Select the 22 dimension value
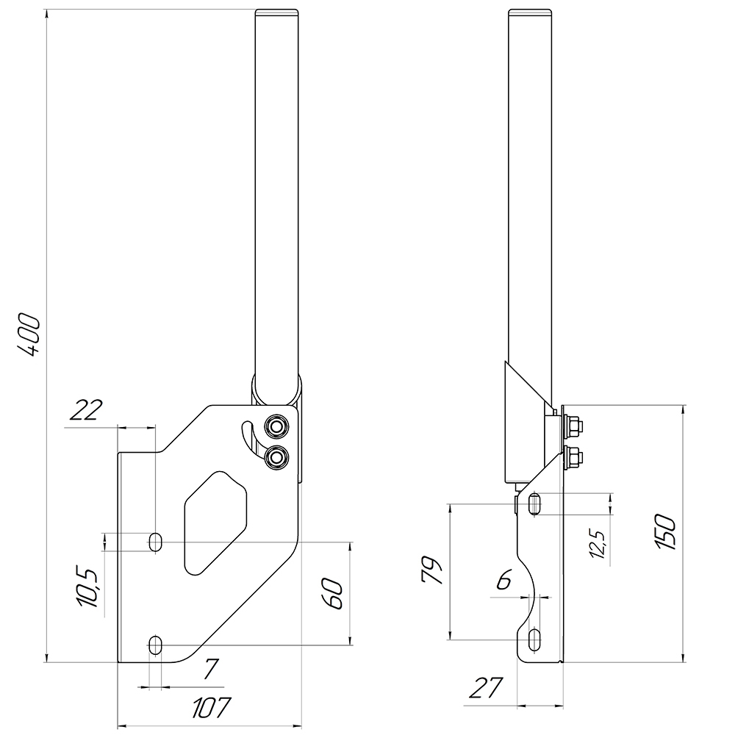tap(86, 410)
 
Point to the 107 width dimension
tap(211, 707)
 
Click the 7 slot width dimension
tap(211, 669)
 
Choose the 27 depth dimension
tap(486, 689)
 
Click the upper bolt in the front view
tap(277, 426)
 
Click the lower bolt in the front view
tap(277, 457)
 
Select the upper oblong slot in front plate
tap(155, 542)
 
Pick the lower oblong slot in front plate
tap(155, 645)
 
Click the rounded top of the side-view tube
tap(531, 12)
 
